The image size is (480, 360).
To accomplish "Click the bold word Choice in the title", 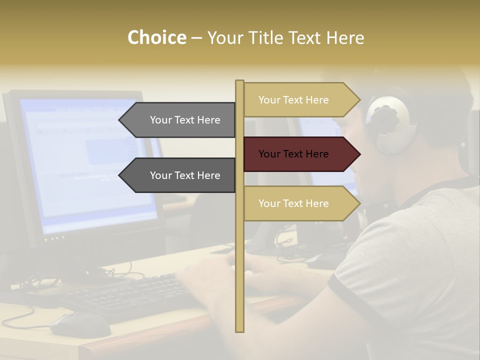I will pyautogui.click(x=156, y=37).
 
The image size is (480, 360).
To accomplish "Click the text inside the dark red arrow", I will pyautogui.click(x=293, y=154).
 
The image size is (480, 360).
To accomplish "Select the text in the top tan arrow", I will pyautogui.click(x=293, y=100).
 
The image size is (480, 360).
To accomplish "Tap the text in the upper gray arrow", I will pyautogui.click(x=185, y=120).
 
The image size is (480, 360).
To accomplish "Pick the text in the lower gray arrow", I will pyautogui.click(x=185, y=175).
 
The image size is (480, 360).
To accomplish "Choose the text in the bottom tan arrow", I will pyautogui.click(x=293, y=203).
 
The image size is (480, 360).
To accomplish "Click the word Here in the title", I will pyautogui.click(x=345, y=37).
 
